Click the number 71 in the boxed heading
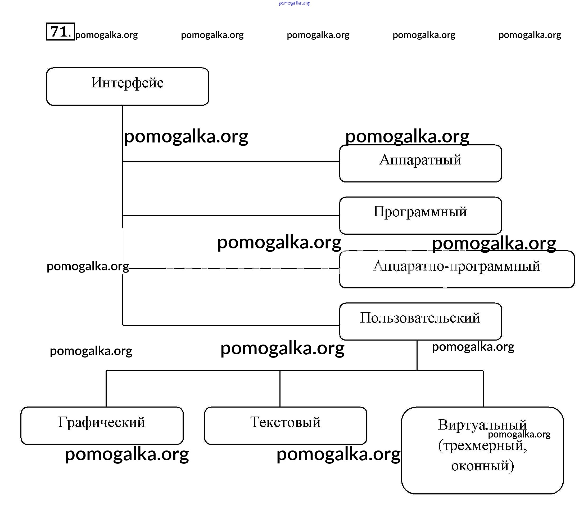(x=59, y=31)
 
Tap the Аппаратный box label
(x=420, y=160)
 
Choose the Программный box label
(x=420, y=212)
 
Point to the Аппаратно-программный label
(x=456, y=266)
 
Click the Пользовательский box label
(x=420, y=318)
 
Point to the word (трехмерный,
(x=482, y=445)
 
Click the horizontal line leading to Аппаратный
(x=231, y=161)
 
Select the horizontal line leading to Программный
(x=231, y=216)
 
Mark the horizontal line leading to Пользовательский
(x=231, y=325)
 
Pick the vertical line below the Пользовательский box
(x=417, y=355)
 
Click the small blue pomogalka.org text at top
(x=294, y=3)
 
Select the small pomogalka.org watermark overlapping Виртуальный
(x=519, y=434)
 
